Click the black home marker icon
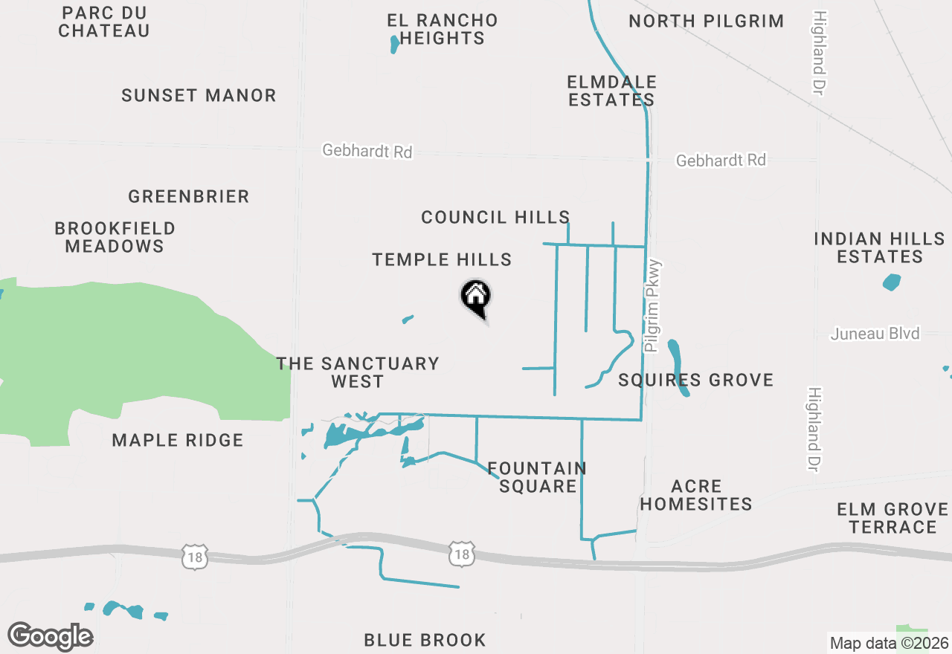click(x=476, y=297)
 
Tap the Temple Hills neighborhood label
click(x=442, y=259)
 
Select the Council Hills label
click(x=495, y=217)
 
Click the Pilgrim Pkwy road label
click(x=653, y=305)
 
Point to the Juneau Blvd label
click(x=875, y=334)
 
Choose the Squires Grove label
click(x=696, y=381)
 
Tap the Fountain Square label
click(x=537, y=477)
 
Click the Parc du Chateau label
click(x=104, y=22)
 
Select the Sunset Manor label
click(x=199, y=95)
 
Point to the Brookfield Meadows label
click(x=115, y=237)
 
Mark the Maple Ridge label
click(x=178, y=440)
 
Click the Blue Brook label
click(x=425, y=640)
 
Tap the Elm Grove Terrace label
click(x=892, y=518)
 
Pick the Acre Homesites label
click(x=696, y=495)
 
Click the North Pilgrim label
click(x=706, y=21)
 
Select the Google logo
click(x=50, y=637)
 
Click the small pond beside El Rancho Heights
click(x=394, y=45)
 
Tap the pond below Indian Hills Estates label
click(x=891, y=282)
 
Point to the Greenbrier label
click(x=188, y=196)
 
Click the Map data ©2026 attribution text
click(x=890, y=644)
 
